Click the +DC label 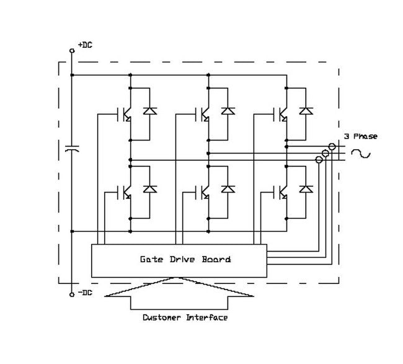click(x=85, y=45)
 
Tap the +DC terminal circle click(x=72, y=52)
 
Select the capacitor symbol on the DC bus click(x=72, y=149)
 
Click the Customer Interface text click(x=185, y=318)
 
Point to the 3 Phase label click(x=361, y=137)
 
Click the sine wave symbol click(x=361, y=153)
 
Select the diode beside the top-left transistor click(x=149, y=112)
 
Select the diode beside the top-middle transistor click(x=228, y=112)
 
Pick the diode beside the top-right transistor click(x=305, y=112)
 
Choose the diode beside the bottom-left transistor click(x=149, y=188)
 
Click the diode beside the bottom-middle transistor click(x=228, y=188)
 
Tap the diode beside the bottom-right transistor click(x=305, y=188)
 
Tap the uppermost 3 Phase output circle click(x=332, y=147)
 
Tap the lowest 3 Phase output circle click(x=319, y=160)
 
